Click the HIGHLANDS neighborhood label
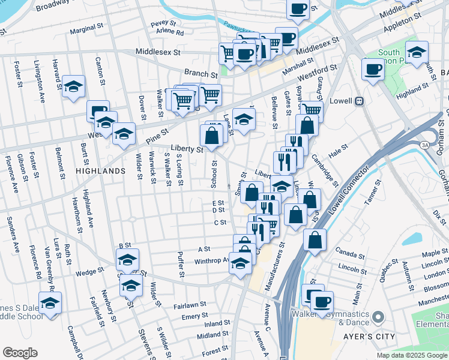coord(100,171)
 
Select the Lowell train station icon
coord(360,101)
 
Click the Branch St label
coord(201,75)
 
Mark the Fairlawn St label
coord(190,305)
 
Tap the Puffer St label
coord(181,265)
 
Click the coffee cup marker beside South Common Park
coord(373,70)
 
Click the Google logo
coord(20,353)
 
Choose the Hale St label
coord(339,149)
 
